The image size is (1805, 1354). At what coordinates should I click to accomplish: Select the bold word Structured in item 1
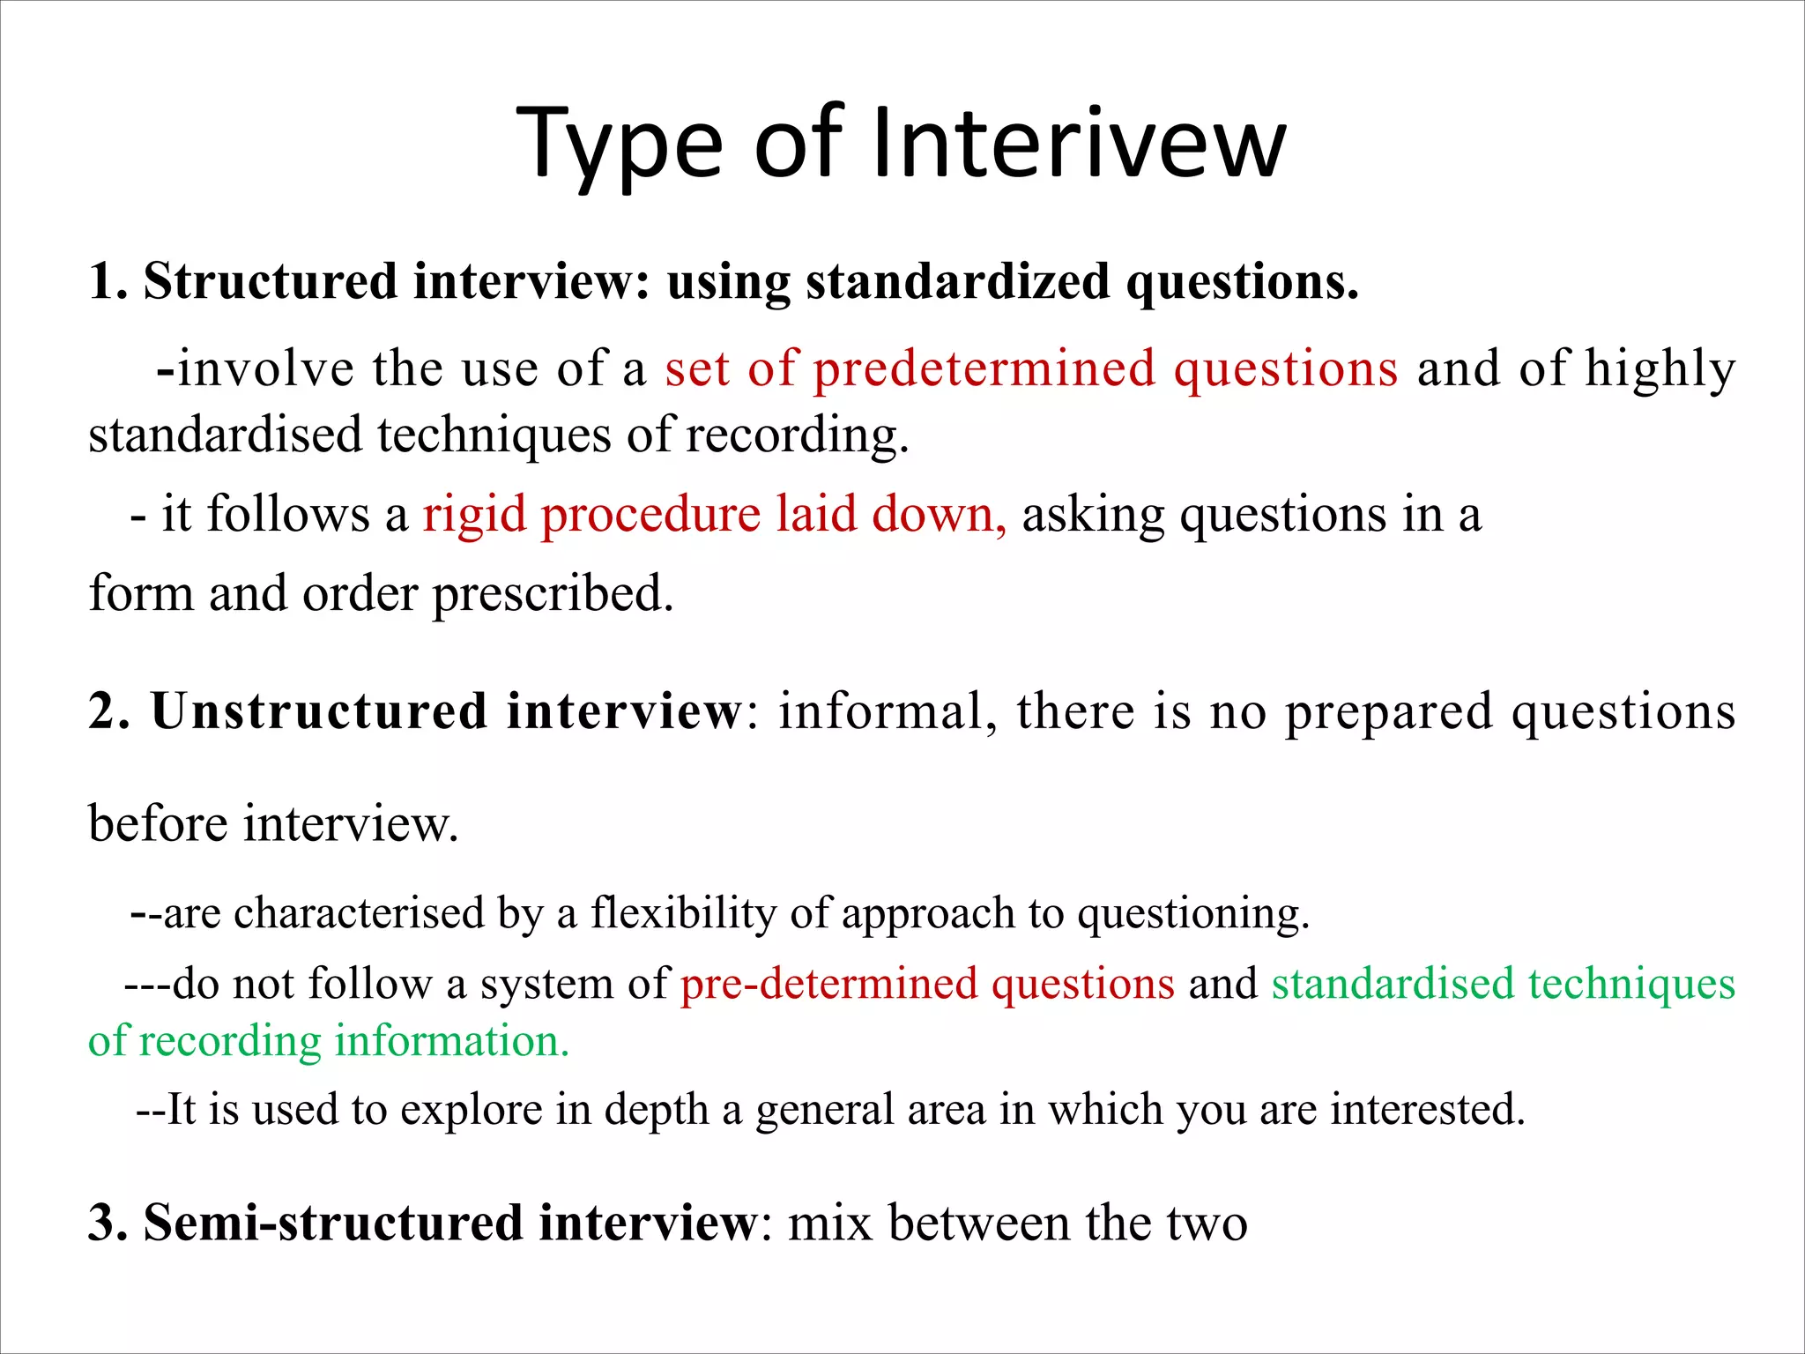click(270, 282)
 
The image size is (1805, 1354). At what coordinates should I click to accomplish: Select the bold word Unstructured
click(319, 711)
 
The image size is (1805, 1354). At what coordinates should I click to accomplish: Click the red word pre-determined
click(828, 984)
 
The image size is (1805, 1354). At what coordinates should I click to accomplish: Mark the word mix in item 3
click(830, 1224)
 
